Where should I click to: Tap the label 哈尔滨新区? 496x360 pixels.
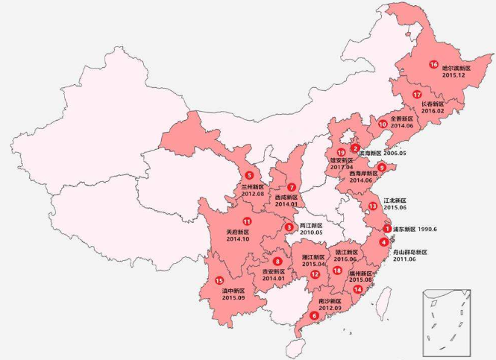[x=456, y=67]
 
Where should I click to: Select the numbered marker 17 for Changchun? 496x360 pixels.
[x=417, y=95]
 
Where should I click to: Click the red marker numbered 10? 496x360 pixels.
[x=383, y=124]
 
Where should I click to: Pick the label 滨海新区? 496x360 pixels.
[x=374, y=153]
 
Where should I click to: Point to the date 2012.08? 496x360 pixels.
[x=253, y=194]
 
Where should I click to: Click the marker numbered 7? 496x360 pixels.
[x=292, y=187]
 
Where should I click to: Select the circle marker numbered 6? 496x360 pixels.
[x=314, y=315]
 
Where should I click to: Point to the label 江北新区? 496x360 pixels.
[x=395, y=200]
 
